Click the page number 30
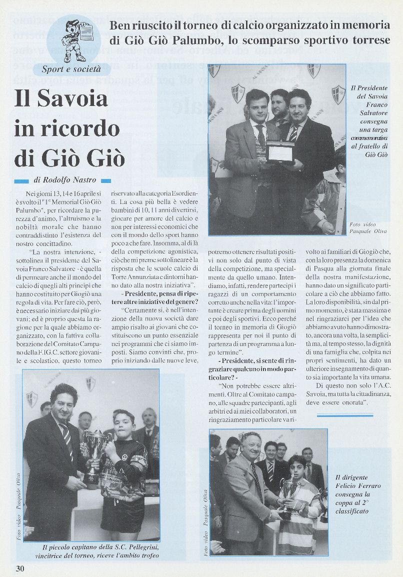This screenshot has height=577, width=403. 19,568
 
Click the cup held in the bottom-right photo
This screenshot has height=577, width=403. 289,492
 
